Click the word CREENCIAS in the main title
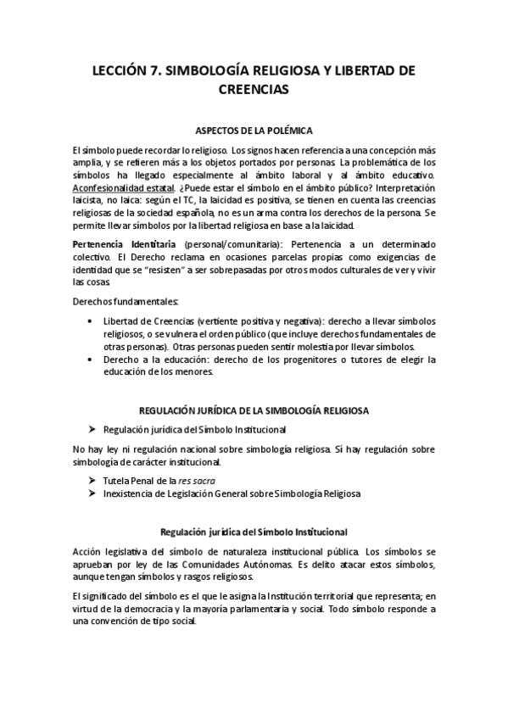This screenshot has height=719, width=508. tap(254, 89)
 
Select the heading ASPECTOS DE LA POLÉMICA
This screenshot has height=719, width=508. tap(254, 131)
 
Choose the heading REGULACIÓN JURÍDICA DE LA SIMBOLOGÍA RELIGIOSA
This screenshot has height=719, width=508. tap(254, 410)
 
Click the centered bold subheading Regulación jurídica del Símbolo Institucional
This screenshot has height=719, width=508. tap(254, 532)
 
